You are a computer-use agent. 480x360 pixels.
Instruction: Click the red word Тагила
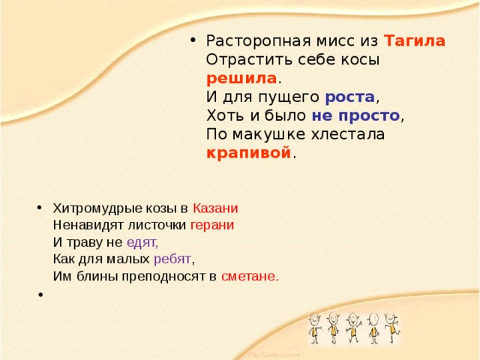click(x=415, y=40)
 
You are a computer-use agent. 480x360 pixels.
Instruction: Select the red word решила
click(x=241, y=78)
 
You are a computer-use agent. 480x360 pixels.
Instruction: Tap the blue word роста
click(x=350, y=97)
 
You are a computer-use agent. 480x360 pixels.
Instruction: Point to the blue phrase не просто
click(x=356, y=115)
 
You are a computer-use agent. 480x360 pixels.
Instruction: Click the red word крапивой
click(x=248, y=153)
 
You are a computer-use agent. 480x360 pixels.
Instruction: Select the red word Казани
click(x=215, y=208)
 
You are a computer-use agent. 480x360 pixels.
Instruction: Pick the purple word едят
click(x=142, y=241)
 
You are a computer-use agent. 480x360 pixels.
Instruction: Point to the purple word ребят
click(x=172, y=259)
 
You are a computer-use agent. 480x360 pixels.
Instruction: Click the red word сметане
click(x=250, y=276)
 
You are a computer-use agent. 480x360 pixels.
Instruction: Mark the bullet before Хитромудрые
click(x=39, y=208)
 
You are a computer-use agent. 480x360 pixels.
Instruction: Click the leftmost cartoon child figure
click(x=315, y=328)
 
